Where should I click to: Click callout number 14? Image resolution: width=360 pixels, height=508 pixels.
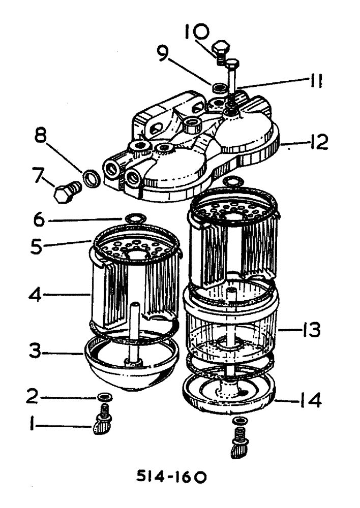click(309, 402)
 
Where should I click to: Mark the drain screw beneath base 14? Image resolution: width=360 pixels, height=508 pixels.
click(238, 442)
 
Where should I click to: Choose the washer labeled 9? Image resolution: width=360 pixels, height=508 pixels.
click(220, 88)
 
